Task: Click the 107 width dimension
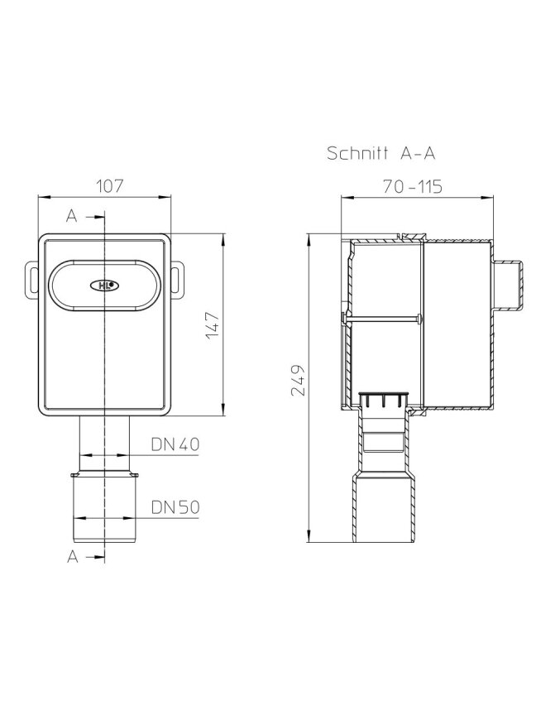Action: coord(109,186)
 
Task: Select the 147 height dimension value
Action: coord(213,325)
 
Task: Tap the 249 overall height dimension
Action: coord(298,380)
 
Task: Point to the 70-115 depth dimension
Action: coord(412,186)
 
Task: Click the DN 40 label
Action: coord(175,444)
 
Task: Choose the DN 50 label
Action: coord(175,507)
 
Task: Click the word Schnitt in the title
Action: coord(357,153)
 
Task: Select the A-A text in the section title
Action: coord(418,153)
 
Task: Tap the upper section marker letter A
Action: coord(72,216)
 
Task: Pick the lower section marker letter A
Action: coord(73,556)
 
